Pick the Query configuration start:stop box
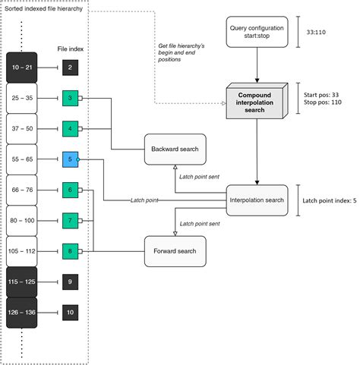[x=257, y=33]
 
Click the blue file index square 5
[x=69, y=159]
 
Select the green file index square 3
[x=69, y=98]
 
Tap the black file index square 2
[x=69, y=68]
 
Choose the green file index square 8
[x=69, y=250]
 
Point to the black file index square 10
[x=69, y=312]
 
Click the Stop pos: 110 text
[x=323, y=101]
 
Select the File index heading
[x=69, y=49]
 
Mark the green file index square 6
[x=69, y=190]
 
